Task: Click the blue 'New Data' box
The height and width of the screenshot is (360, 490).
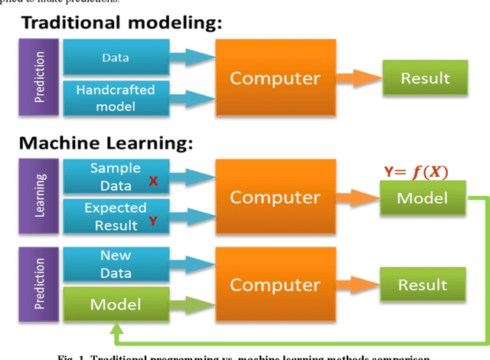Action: point(115,263)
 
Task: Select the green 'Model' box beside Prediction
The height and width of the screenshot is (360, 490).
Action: point(115,304)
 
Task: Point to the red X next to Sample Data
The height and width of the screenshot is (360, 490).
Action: point(153,183)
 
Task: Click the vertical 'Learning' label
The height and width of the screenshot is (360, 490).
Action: point(41,197)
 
